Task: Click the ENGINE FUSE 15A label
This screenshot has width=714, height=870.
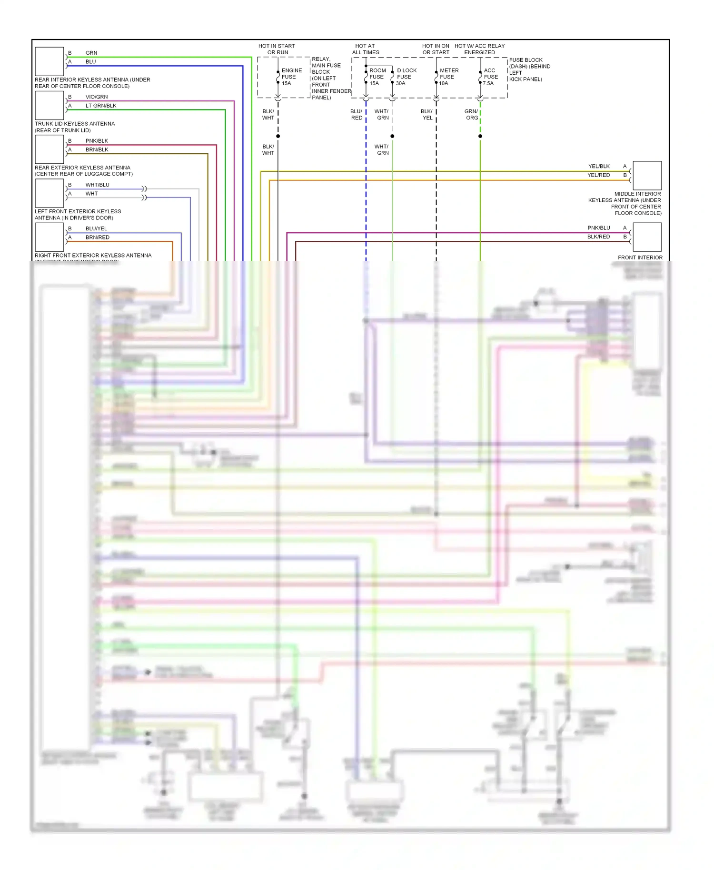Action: click(291, 77)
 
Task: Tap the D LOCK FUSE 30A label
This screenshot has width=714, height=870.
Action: click(406, 77)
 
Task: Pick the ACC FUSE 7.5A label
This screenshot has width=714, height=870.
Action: click(490, 77)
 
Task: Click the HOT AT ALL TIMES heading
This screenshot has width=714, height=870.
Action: click(365, 49)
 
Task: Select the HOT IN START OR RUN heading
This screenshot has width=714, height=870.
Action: click(277, 49)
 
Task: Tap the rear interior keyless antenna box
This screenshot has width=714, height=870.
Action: click(50, 61)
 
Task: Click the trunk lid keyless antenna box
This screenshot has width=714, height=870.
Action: click(50, 105)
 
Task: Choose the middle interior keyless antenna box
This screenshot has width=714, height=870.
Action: click(647, 176)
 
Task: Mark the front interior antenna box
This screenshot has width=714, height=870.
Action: click(647, 237)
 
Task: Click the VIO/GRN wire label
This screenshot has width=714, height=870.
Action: click(97, 97)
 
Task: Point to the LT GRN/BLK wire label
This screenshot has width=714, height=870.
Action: click(101, 106)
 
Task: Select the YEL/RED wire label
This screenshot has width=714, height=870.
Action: click(598, 175)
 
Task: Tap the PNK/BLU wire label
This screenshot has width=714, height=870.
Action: click(598, 228)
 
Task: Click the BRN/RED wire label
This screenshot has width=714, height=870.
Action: click(98, 237)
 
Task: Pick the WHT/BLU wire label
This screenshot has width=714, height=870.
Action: click(98, 185)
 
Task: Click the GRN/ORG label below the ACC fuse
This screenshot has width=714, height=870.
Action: click(471, 115)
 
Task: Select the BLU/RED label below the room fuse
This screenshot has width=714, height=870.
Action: click(356, 115)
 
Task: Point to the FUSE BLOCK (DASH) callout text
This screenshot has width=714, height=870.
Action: click(529, 69)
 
